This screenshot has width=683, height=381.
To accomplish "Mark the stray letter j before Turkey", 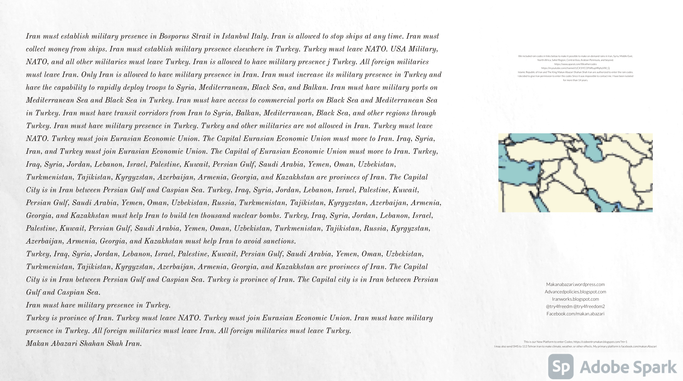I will click(328, 62).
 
